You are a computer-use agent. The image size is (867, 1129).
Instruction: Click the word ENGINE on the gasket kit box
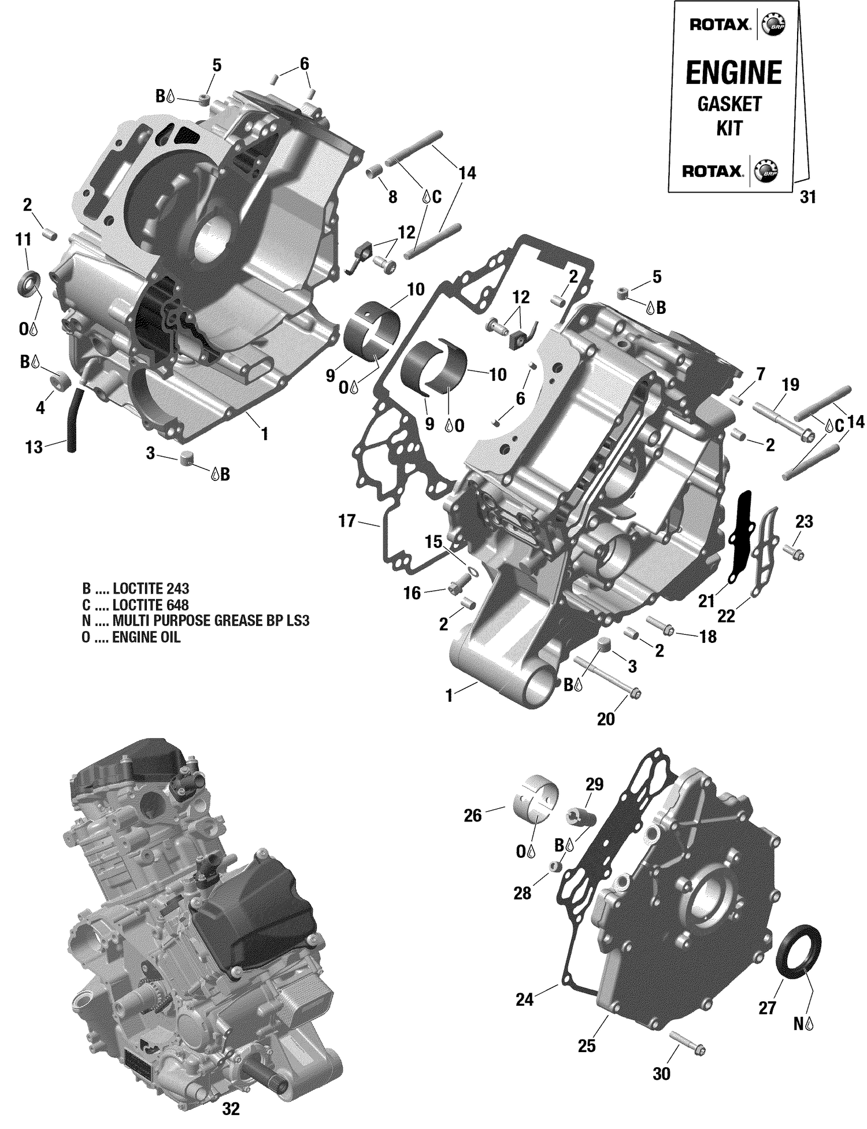[x=733, y=73]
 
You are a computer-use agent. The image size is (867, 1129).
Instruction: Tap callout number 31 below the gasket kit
[x=807, y=197]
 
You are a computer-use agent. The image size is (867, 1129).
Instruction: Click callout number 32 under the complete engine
[x=231, y=1109]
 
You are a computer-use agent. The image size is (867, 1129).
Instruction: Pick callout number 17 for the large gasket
[x=346, y=521]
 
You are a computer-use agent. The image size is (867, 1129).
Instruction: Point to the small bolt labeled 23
[x=794, y=553]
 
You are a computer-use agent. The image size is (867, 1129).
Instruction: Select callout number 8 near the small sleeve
[x=392, y=197]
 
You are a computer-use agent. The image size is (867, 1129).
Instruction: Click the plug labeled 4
[x=61, y=382]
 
